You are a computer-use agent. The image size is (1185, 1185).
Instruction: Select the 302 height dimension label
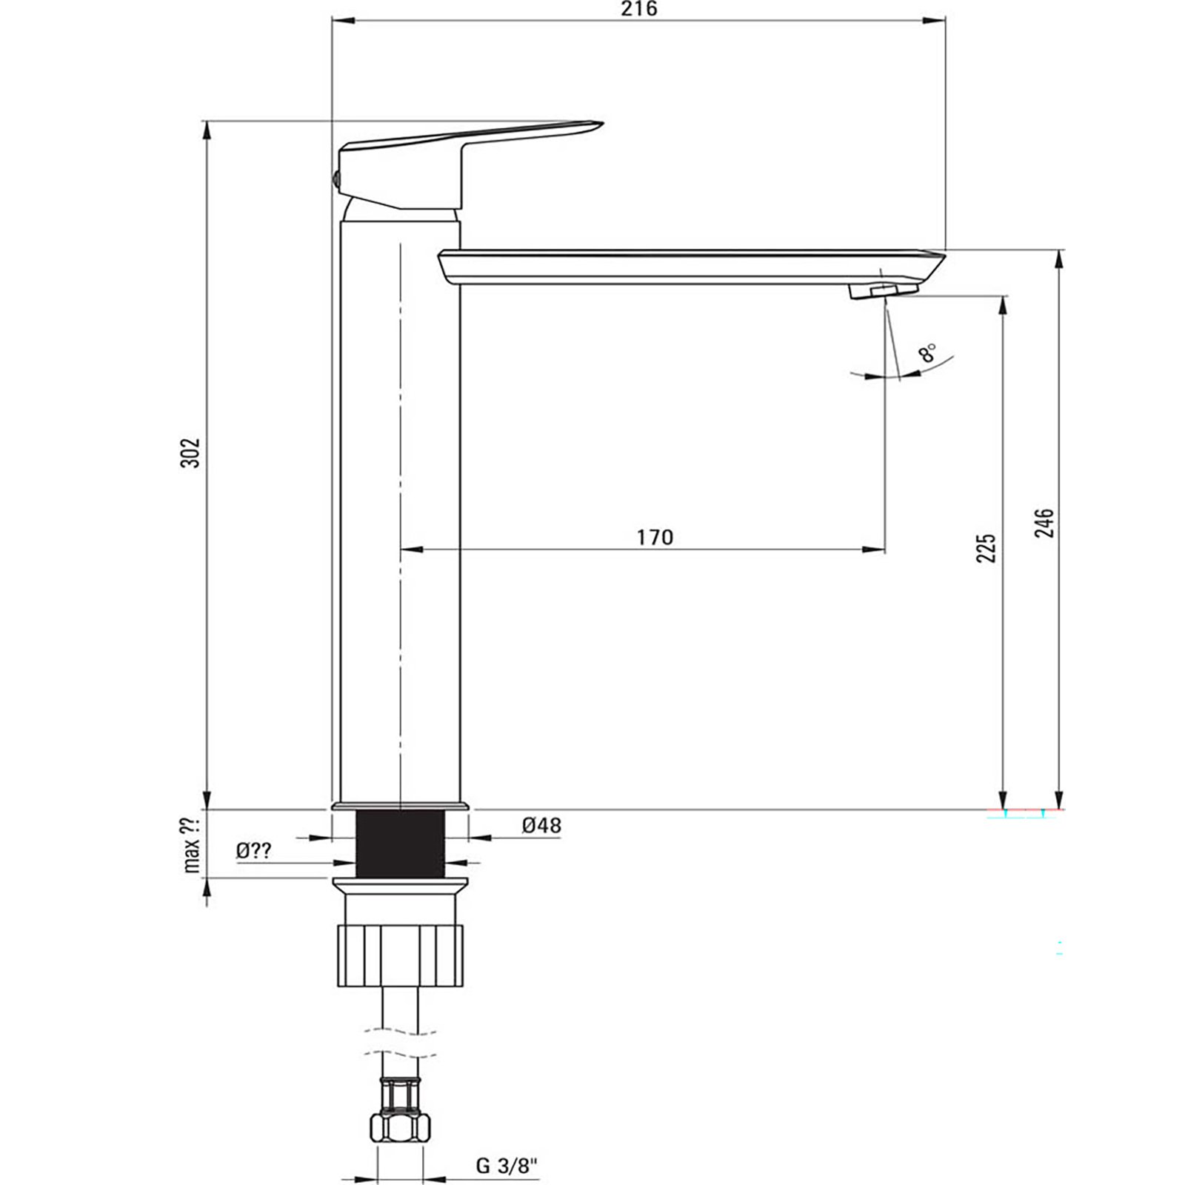click(x=191, y=453)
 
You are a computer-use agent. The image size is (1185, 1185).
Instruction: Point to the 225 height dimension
click(x=986, y=547)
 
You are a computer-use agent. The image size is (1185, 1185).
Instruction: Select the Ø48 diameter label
click(x=541, y=825)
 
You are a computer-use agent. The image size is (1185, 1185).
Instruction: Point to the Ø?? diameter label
click(x=254, y=851)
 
